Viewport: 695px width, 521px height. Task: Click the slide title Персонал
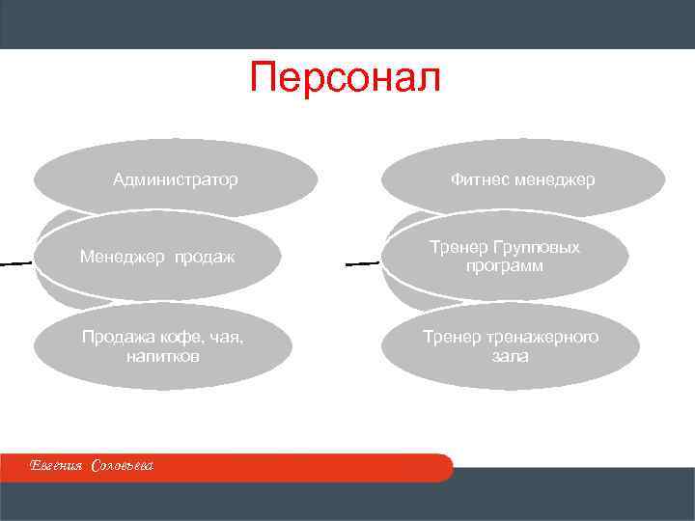345,78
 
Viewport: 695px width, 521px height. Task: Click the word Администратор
176,179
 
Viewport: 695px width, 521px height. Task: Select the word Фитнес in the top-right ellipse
479,179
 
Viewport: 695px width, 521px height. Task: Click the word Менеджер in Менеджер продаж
120,258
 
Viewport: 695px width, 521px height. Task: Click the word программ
502,266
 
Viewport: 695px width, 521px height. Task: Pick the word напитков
162,356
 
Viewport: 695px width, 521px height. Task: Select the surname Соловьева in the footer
123,466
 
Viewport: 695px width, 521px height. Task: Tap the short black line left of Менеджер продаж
14,261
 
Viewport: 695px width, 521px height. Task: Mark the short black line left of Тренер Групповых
361,261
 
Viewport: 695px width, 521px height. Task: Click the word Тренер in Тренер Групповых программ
456,248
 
